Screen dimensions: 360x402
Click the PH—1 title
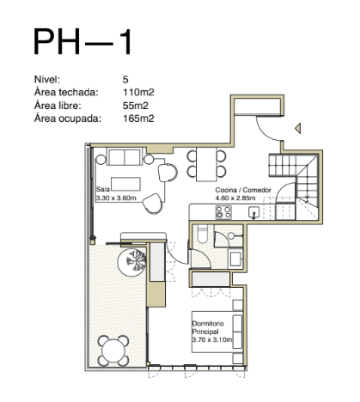[x=82, y=42]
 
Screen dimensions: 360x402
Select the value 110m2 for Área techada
[x=138, y=92]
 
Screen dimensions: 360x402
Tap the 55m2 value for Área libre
[x=136, y=106]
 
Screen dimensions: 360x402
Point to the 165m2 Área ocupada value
[x=138, y=119]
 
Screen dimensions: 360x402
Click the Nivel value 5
[x=125, y=79]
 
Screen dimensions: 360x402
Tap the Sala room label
[x=103, y=189]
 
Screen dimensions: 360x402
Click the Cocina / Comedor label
[x=243, y=190]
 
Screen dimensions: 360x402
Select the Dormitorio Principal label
[x=208, y=327]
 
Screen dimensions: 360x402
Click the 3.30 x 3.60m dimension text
[x=116, y=198]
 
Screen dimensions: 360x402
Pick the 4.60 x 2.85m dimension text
[x=235, y=198]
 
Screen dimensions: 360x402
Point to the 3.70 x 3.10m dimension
[x=212, y=340]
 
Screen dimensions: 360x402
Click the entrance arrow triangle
[x=298, y=128]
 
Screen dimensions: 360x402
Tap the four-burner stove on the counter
[x=223, y=212]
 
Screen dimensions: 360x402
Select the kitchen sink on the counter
[x=254, y=212]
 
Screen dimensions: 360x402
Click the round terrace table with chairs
[x=113, y=350]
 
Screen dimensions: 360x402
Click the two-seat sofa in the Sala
[x=125, y=156]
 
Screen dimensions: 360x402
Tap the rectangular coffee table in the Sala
[x=125, y=184]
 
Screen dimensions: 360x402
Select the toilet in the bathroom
[x=203, y=234]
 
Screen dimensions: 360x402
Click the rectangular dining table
[x=206, y=164]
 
